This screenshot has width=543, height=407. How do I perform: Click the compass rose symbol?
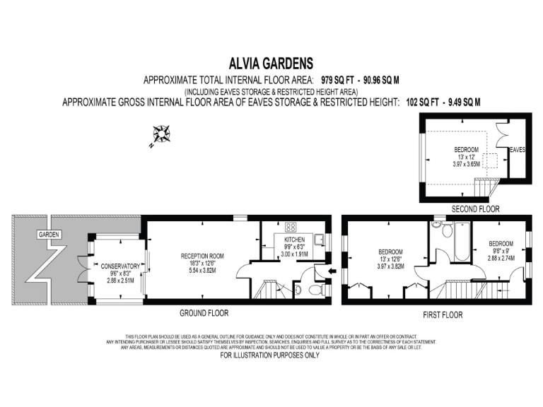[161, 135]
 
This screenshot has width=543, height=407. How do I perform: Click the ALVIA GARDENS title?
[271, 63]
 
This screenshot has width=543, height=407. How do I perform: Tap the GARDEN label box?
[49, 234]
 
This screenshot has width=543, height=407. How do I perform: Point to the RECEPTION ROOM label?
[202, 256]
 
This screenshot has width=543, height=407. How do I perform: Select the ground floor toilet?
[297, 290]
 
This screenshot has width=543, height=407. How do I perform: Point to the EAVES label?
[518, 150]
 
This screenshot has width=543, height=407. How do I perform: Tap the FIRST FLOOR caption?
[442, 315]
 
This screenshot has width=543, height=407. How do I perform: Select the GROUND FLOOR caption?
[204, 313]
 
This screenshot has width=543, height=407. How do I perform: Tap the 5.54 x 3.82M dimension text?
[202, 271]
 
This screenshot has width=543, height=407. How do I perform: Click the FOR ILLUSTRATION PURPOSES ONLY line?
[270, 355]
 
